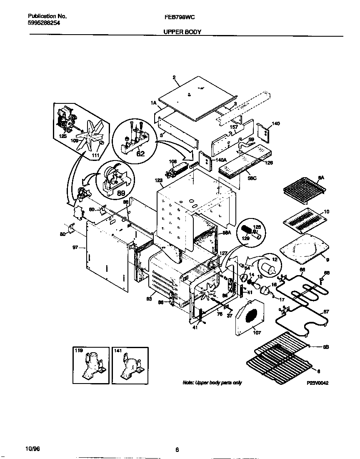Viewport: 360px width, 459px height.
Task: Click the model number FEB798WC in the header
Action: click(180, 17)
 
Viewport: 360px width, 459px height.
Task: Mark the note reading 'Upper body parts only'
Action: click(212, 383)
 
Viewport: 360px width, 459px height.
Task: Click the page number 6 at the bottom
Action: click(177, 449)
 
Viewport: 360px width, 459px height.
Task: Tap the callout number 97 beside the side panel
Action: click(75, 248)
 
